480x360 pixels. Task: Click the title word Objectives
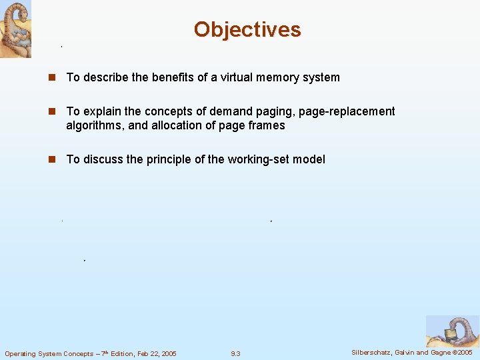pyautogui.click(x=247, y=29)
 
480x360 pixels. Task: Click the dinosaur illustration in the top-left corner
pyautogui.click(x=15, y=29)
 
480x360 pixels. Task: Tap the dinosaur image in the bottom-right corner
pyautogui.click(x=452, y=331)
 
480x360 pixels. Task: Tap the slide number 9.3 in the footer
pyautogui.click(x=235, y=353)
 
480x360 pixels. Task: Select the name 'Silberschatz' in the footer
pyautogui.click(x=373, y=352)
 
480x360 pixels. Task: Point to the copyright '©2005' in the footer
pyautogui.click(x=461, y=352)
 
